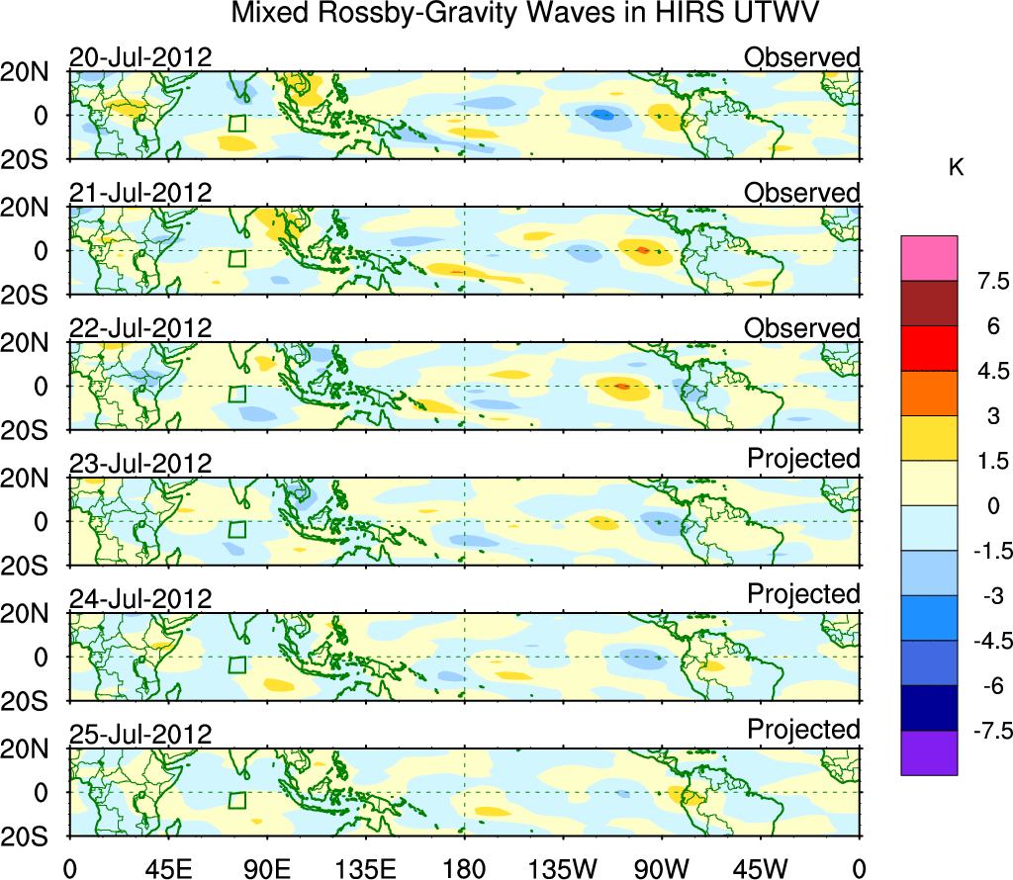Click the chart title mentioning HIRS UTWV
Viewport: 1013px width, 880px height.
(x=525, y=14)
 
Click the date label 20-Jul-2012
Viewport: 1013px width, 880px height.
(x=140, y=57)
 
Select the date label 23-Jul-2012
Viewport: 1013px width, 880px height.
(x=140, y=464)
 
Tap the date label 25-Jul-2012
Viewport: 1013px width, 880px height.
(x=140, y=735)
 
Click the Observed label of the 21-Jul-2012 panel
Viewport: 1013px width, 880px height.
(x=801, y=193)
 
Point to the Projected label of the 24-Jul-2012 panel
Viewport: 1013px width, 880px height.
(x=803, y=594)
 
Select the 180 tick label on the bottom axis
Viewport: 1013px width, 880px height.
(x=464, y=867)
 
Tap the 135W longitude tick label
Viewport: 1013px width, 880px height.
(x=563, y=867)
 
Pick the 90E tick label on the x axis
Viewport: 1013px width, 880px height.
(x=266, y=867)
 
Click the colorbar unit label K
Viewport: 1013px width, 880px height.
(x=956, y=168)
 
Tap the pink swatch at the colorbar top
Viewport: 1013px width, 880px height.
(x=929, y=258)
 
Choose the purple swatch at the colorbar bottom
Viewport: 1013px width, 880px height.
(x=929, y=752)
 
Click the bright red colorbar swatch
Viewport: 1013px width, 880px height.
(x=929, y=348)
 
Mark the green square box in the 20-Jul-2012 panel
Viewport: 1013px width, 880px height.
(x=236, y=123)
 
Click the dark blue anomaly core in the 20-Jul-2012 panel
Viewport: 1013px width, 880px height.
(x=602, y=116)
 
